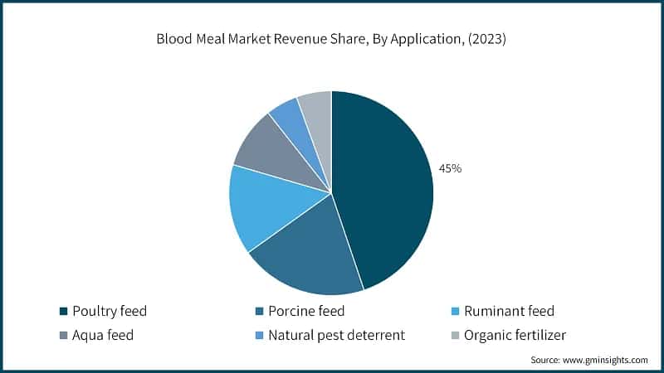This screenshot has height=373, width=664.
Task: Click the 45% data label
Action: [x=451, y=168]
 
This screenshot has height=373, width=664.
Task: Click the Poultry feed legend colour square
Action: [x=63, y=312]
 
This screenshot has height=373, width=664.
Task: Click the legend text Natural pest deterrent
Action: [x=337, y=335]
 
